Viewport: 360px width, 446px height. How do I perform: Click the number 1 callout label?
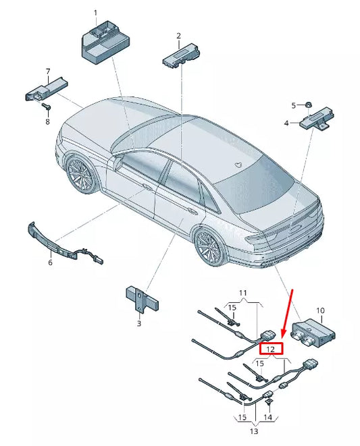tap(95, 13)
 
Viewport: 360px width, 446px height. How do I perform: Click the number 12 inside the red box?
tap(270, 349)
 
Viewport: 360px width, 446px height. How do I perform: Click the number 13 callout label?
tap(253, 431)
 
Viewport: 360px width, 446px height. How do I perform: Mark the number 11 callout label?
tap(244, 292)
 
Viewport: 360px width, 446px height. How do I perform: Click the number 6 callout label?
tap(49, 262)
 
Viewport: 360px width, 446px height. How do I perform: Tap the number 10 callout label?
tap(320, 310)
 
